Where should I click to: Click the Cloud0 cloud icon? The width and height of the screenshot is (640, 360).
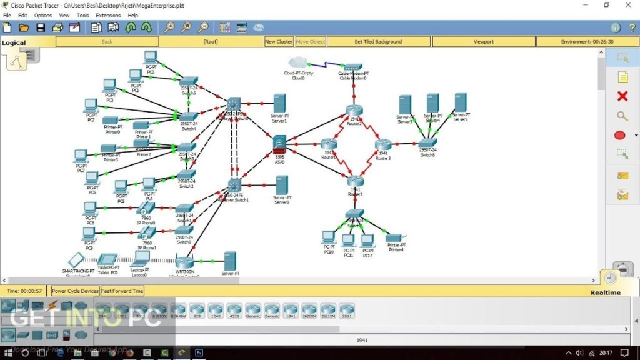point(297,62)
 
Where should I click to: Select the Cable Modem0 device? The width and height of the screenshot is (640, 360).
point(353,67)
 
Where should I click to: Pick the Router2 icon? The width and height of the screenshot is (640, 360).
point(354,111)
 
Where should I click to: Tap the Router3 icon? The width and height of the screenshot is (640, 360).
point(383,144)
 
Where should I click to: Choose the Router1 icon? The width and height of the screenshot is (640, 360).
point(355,181)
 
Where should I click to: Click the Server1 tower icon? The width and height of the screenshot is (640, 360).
point(279,103)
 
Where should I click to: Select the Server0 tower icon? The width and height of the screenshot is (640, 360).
point(282,185)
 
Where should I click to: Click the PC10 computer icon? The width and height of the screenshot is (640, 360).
point(328,238)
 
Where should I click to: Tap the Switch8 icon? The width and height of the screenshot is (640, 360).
point(428,142)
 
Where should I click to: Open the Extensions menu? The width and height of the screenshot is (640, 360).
point(108,15)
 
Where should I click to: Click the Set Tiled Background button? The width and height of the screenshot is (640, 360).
point(378,42)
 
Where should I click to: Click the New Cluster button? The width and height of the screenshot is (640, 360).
point(279,42)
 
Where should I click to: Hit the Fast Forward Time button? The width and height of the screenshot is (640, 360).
point(122,291)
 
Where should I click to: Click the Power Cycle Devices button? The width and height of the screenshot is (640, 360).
point(75,291)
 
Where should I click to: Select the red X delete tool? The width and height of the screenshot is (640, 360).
point(622,96)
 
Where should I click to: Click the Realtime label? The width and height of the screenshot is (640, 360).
point(606,292)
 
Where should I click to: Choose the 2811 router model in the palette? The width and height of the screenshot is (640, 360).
point(347,311)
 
